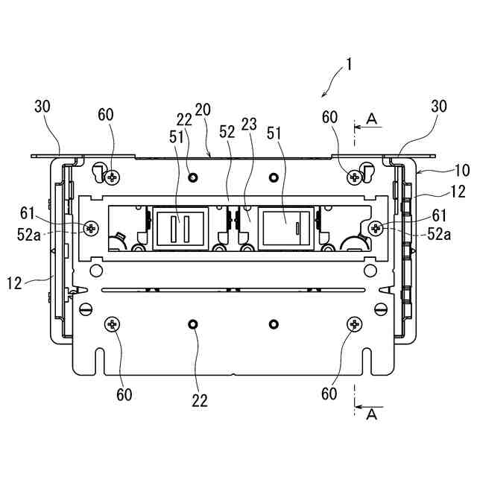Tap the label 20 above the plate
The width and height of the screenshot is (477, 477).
[202, 110]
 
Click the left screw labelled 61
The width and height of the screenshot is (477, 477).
[92, 227]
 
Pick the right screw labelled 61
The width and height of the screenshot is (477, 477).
[375, 227]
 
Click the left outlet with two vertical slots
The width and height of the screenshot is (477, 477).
[177, 227]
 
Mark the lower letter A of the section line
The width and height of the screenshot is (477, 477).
[373, 415]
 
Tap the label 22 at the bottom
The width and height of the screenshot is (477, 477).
[199, 400]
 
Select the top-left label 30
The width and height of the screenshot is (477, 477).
[43, 107]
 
